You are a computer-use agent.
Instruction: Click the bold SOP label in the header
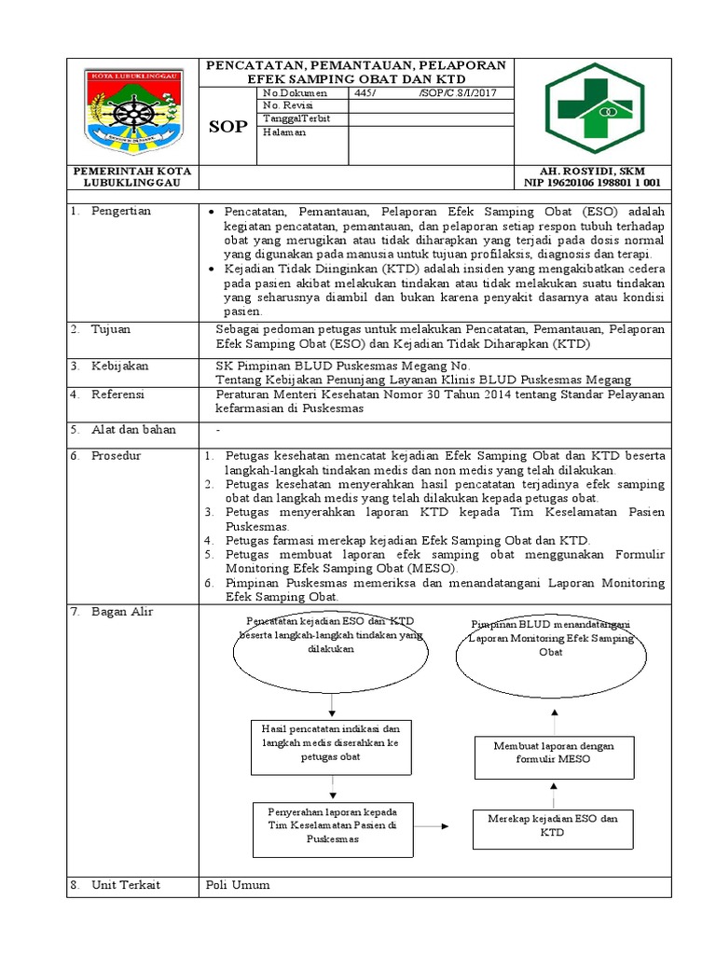click(228, 126)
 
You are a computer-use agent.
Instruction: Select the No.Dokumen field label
click(290, 93)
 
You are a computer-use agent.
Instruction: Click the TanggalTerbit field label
click(296, 118)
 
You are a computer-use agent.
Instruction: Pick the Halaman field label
click(284, 132)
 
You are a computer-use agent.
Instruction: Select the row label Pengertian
click(120, 211)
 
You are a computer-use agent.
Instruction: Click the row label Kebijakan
click(119, 366)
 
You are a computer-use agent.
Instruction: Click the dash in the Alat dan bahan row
click(218, 429)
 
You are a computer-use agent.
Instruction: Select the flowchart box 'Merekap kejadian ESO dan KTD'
click(553, 824)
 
